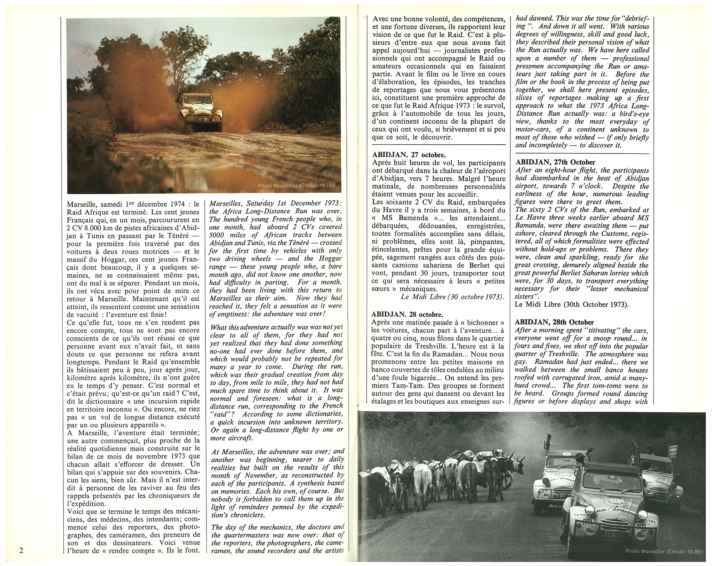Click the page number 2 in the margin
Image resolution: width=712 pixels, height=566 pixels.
(21, 550)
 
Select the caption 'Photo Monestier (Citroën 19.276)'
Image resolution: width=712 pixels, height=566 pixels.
(297, 185)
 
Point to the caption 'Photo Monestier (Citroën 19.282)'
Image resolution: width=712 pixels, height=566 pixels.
(664, 551)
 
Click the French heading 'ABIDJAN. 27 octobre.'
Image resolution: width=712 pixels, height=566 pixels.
(409, 155)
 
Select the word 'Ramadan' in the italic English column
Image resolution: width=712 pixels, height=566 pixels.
(533, 362)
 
